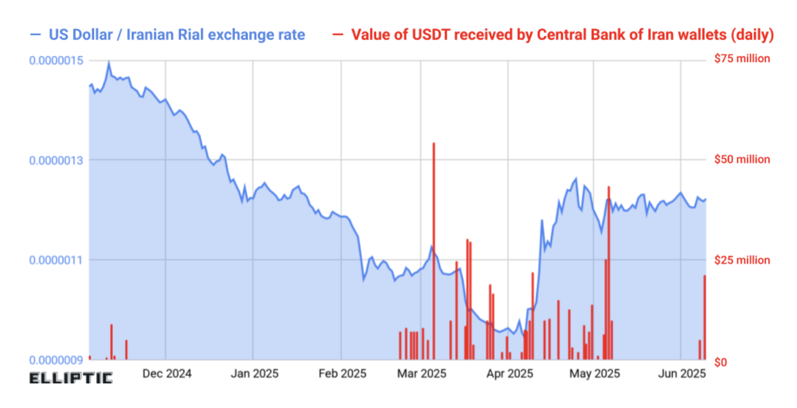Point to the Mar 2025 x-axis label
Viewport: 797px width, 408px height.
(x=421, y=374)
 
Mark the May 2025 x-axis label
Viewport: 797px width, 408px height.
(x=595, y=374)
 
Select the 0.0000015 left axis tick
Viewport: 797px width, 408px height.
(x=56, y=60)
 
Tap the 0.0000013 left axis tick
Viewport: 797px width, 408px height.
(x=56, y=160)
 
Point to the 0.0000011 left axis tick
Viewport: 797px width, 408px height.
(x=56, y=260)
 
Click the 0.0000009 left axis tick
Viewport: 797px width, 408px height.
(x=56, y=360)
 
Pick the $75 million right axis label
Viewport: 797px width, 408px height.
(x=742, y=59)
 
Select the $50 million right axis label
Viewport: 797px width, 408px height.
(x=742, y=160)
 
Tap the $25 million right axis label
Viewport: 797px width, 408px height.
(x=742, y=260)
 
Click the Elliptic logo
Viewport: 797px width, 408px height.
(x=71, y=378)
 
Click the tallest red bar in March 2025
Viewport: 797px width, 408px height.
(x=434, y=248)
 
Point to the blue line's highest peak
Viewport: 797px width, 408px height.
(x=108, y=61)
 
